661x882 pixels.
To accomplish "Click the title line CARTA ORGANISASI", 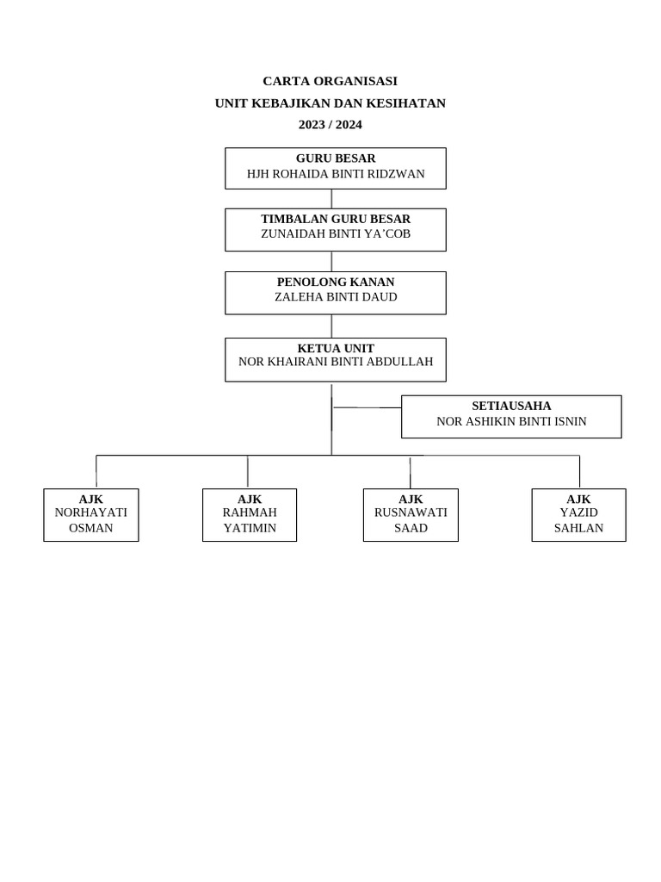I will [x=330, y=81].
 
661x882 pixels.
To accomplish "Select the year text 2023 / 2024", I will [x=330, y=124].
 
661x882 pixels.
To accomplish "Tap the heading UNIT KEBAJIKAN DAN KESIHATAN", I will [x=330, y=103].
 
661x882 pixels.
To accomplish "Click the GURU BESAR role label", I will [x=336, y=158].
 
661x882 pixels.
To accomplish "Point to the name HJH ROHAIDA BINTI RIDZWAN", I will [x=336, y=174].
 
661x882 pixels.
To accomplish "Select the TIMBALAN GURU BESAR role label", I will [x=336, y=219].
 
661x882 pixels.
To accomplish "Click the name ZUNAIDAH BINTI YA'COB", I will [x=336, y=234].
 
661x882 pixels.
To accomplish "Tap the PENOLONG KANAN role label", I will [x=336, y=282].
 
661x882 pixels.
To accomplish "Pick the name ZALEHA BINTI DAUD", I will [x=336, y=297].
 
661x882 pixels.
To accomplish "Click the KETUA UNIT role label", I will [x=336, y=348].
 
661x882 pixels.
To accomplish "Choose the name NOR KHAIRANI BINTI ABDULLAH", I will [x=336, y=363].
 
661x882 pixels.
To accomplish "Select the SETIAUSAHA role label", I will [x=511, y=406].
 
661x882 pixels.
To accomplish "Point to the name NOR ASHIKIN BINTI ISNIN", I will [x=511, y=421].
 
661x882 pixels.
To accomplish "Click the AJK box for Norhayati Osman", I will [x=91, y=515].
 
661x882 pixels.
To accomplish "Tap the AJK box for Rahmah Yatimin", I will [x=250, y=515].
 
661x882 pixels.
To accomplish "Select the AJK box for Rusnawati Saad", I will [x=411, y=515].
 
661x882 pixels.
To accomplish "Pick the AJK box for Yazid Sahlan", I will [x=578, y=515].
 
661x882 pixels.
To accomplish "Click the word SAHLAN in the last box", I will [x=578, y=528].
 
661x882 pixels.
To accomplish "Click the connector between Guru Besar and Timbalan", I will [x=331, y=199].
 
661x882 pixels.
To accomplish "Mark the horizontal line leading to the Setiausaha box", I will [x=367, y=407].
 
